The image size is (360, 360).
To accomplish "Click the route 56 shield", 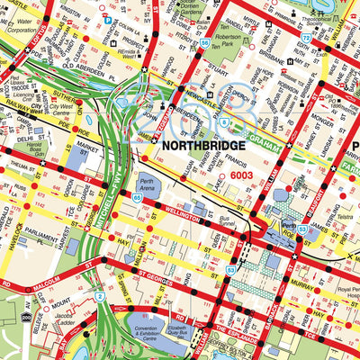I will tap(206, 42).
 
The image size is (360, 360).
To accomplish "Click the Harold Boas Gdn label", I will tap(35, 149).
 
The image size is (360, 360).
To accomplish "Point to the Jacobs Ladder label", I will tap(66, 321).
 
